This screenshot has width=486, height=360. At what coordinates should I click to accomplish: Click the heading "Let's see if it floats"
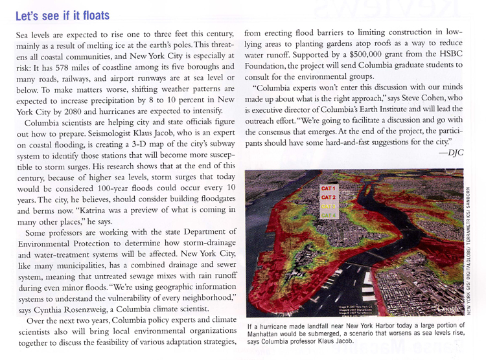pos(62,14)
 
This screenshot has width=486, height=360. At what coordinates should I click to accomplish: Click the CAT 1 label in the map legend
pos(328,188)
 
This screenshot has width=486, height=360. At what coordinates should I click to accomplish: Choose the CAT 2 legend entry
pos(328,196)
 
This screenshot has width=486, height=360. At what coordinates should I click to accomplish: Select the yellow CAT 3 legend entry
pos(328,205)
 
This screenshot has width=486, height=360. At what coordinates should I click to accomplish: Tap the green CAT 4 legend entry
pos(328,214)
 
